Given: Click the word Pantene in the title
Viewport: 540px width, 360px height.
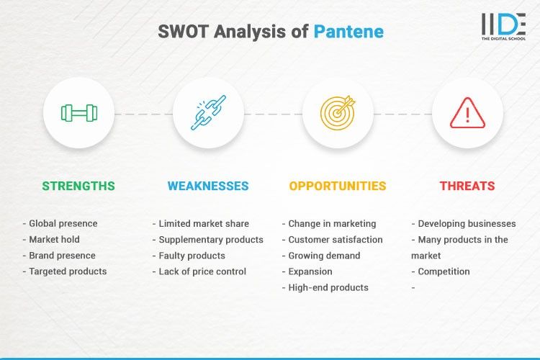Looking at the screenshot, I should pos(348,32).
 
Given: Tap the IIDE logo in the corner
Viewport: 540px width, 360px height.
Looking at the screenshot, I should pos(503,27).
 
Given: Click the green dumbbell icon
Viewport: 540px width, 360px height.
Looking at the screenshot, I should pos(78,112).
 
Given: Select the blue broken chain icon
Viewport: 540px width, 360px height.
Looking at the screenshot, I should pos(208,112).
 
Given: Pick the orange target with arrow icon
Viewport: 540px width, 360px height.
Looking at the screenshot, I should pos(338,112).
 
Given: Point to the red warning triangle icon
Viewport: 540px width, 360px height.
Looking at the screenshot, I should pos(467,112).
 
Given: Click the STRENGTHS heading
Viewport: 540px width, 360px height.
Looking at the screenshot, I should pos(78,186).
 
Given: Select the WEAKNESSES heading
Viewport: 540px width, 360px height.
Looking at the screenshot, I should pos(208,186).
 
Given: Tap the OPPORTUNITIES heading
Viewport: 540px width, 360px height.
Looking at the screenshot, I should pos(338,186).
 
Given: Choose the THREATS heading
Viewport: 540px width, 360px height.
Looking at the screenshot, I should pos(467,186).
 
